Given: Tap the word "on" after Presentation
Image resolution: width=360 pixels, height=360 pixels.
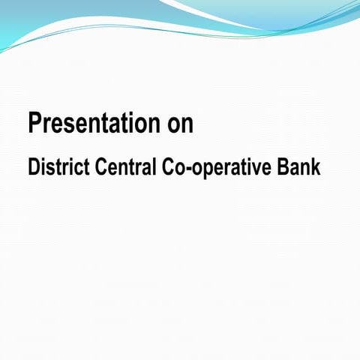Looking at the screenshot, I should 181,124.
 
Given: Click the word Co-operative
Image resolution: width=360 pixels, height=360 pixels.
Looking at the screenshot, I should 219,168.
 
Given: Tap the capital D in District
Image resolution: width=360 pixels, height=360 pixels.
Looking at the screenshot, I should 33,167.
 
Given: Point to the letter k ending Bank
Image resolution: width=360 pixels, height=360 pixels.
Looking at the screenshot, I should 316,167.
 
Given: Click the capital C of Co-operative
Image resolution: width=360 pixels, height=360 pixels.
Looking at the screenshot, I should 167,167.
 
